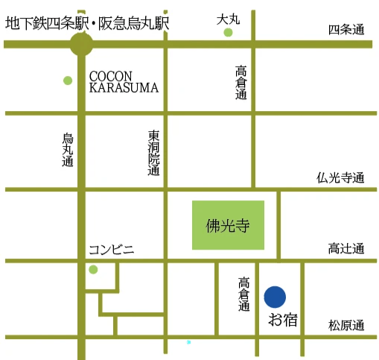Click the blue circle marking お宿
pos(275,297)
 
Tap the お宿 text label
pos(283,321)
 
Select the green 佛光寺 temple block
pos(228,225)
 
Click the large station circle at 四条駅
pos(81,44)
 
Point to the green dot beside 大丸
pos(228,32)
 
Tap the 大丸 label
pos(228,18)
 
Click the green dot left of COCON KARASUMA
pos(68,80)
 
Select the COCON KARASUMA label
pos(124,82)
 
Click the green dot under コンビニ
pos(93,269)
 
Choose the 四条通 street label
pos(346,30)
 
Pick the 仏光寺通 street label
pos(340,178)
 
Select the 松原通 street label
pos(346,326)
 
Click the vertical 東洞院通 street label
pos(154,154)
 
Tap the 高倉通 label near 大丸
pos(241,83)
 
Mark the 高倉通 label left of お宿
pos(244,296)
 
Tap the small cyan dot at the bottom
pos(188,342)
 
